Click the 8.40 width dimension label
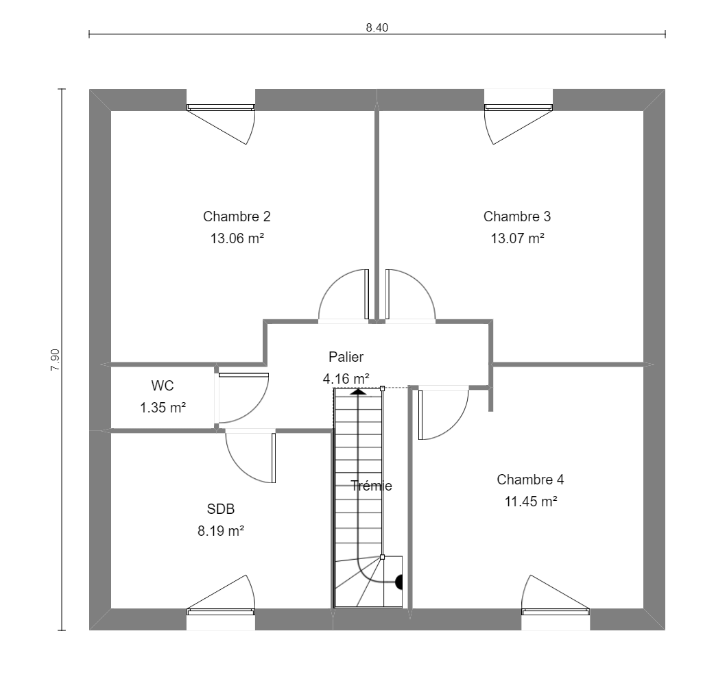click(x=377, y=28)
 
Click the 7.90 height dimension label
click(x=55, y=360)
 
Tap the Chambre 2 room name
click(x=237, y=217)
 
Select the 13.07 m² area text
click(x=517, y=238)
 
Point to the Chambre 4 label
click(x=530, y=480)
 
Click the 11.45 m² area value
click(x=531, y=502)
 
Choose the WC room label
click(x=163, y=385)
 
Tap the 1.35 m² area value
click(x=163, y=408)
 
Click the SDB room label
click(x=221, y=509)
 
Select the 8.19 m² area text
click(x=221, y=531)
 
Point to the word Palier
click(x=346, y=357)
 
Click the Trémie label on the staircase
click(x=371, y=485)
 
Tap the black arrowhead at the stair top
click(x=358, y=392)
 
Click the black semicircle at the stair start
click(x=398, y=582)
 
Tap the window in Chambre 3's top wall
click(x=519, y=108)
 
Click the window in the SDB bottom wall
click(x=221, y=612)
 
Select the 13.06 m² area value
click(x=237, y=238)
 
